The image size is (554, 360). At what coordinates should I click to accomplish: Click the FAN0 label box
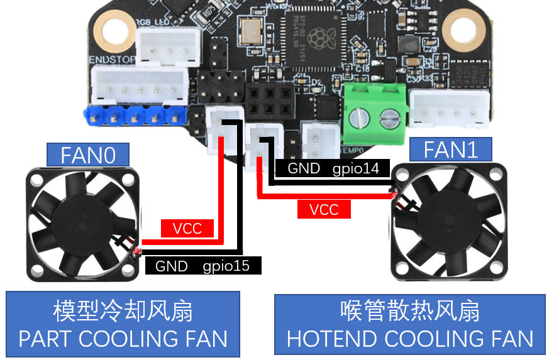pos(88,155)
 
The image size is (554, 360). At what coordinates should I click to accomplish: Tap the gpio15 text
pos(226,266)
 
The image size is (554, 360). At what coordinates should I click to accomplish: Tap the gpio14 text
pos(355,168)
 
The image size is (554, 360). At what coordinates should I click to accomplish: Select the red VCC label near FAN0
pos(187,228)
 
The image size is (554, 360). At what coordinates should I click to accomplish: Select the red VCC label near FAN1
pos(324,209)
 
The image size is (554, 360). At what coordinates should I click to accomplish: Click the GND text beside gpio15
pos(171,266)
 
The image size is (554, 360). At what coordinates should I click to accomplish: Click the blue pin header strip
pos(134,116)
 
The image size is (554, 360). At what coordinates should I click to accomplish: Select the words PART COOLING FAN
pos(123,339)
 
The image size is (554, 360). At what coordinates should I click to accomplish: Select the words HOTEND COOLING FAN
pos(410,339)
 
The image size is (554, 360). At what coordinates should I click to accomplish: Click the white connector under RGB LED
pos(167,46)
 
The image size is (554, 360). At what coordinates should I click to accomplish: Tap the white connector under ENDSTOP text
pos(139,85)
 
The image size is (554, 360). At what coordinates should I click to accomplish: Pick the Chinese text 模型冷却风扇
pos(123,311)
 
